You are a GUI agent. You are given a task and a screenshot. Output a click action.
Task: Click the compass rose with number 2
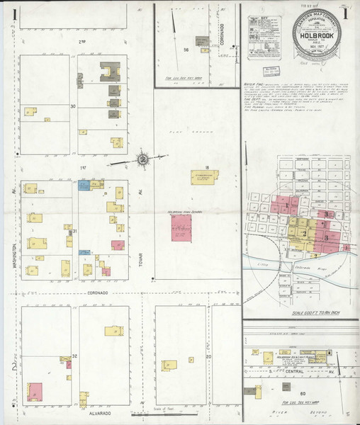pyautogui.click(x=142, y=159)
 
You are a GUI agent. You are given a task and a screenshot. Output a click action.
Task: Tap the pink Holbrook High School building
pyautogui.click(x=181, y=231)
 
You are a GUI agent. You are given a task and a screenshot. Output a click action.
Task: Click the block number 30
pyautogui.click(x=73, y=106)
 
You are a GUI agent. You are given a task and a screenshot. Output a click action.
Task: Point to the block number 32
pyautogui.click(x=74, y=356)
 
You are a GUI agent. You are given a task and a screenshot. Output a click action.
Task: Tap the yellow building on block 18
pyautogui.click(x=201, y=177)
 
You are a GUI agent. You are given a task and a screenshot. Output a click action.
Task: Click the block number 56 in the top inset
pyautogui.click(x=186, y=50)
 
